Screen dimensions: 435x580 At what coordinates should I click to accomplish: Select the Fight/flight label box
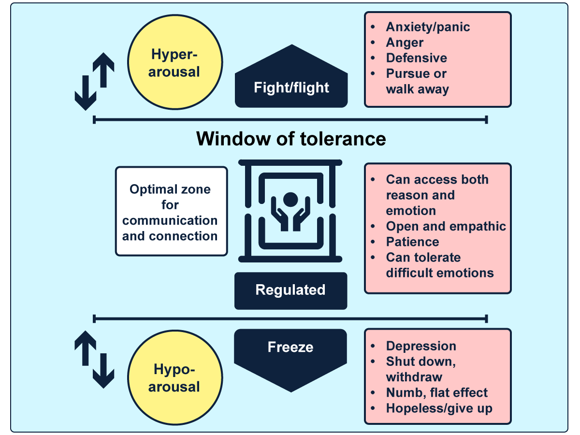(x=291, y=87)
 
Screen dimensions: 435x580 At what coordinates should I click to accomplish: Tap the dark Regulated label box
(x=290, y=290)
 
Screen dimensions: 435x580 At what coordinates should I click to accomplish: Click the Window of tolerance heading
(x=291, y=139)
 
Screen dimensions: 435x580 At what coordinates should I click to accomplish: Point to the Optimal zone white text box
(x=171, y=212)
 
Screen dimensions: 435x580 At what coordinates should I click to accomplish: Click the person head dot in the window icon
(x=290, y=199)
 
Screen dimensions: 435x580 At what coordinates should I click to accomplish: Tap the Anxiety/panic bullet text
(x=428, y=27)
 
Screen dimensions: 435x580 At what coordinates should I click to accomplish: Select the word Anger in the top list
(x=405, y=43)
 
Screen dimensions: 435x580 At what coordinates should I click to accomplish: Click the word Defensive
(x=416, y=58)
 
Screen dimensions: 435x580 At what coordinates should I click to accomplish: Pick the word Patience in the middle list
(x=412, y=242)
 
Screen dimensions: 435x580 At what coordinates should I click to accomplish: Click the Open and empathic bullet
(x=446, y=226)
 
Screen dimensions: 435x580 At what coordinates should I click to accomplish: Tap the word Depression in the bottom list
(x=420, y=346)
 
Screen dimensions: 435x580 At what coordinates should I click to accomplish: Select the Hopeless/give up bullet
(x=439, y=408)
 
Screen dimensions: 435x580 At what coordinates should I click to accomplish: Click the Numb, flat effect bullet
(x=436, y=392)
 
